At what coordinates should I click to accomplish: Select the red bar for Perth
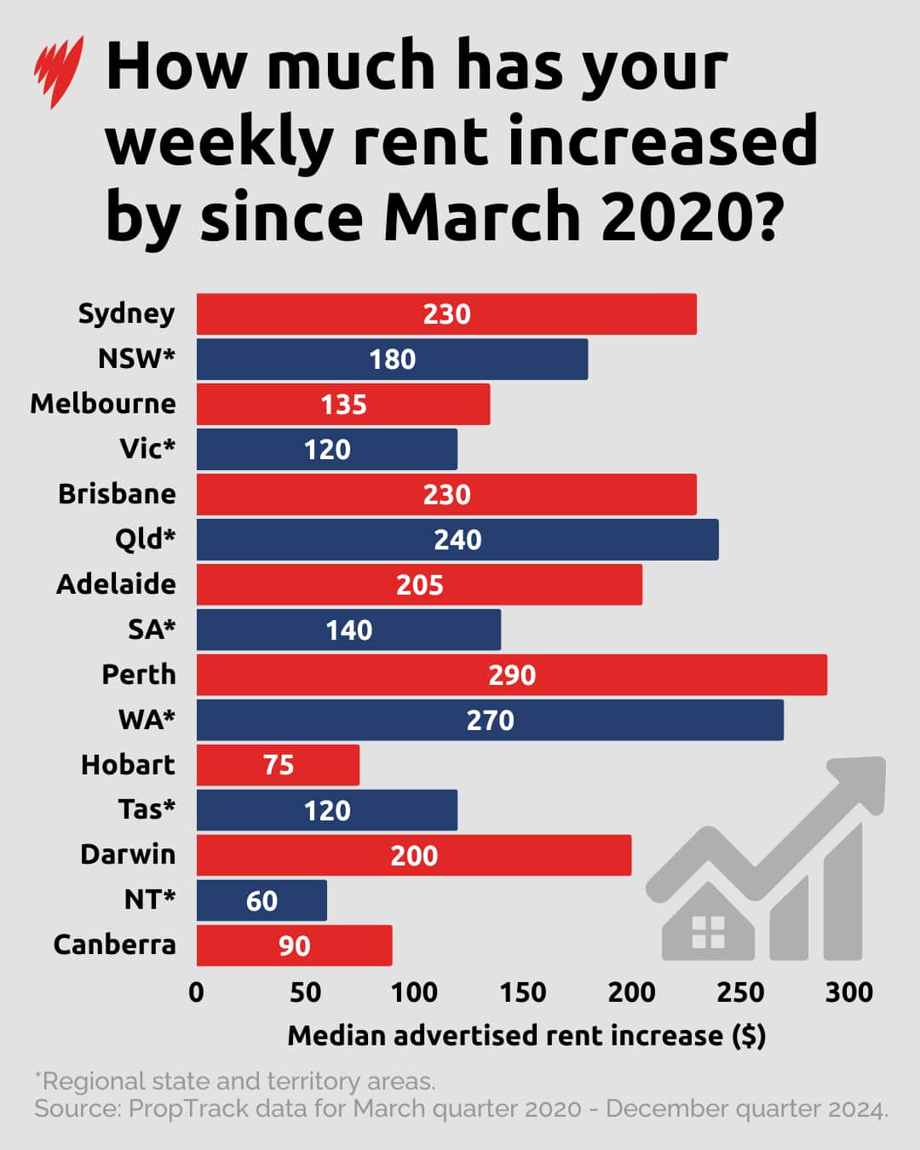tap(511, 675)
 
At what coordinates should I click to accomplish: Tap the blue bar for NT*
tap(262, 900)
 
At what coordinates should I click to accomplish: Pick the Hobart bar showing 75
tap(278, 765)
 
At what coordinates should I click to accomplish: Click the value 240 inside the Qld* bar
tap(457, 539)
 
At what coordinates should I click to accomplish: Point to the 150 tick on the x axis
tap(522, 992)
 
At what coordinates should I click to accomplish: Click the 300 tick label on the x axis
tap(848, 992)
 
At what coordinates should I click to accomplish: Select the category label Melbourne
tap(103, 403)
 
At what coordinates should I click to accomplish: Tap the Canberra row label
tap(114, 945)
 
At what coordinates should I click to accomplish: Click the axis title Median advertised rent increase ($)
tap(526, 1035)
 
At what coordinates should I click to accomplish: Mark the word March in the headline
tap(482, 216)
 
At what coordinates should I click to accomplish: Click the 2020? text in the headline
tap(692, 216)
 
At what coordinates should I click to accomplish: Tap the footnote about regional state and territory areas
tap(235, 1081)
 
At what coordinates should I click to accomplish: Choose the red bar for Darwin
tap(414, 855)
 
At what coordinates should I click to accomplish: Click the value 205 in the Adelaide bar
tap(419, 584)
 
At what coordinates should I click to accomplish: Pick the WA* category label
tap(147, 720)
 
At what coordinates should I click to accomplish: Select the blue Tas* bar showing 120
tap(327, 810)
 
